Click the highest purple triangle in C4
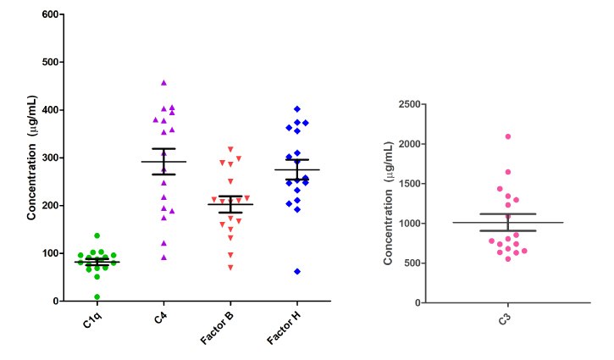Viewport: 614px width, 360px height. click(x=163, y=83)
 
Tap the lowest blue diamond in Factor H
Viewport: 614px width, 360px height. click(x=296, y=271)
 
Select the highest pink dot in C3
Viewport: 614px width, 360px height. click(x=508, y=136)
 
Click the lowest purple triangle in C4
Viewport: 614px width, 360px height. click(x=163, y=258)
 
